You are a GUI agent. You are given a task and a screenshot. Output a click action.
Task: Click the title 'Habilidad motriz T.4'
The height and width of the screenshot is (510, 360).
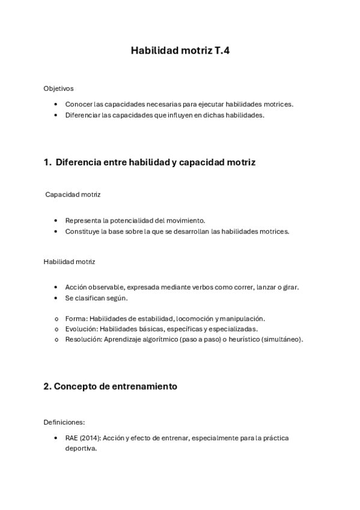coord(180,52)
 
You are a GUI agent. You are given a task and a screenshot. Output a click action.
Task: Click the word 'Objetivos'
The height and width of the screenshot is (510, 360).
coord(58,88)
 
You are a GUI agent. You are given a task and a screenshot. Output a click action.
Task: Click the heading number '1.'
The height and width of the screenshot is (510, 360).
coord(47,162)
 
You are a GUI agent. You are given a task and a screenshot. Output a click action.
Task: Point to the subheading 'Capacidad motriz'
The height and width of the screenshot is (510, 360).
coord(73,195)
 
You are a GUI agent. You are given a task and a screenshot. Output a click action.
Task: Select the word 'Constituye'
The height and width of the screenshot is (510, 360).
coord(83,232)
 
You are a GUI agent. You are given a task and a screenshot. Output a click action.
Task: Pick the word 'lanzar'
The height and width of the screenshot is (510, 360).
coord(267,287)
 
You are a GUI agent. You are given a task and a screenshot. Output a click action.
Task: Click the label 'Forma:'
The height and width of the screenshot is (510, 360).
coord(76,318)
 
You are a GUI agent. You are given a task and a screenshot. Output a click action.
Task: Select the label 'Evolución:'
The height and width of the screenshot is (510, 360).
coord(82,329)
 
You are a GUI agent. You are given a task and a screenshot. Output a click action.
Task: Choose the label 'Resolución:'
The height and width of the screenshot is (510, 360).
coord(84,339)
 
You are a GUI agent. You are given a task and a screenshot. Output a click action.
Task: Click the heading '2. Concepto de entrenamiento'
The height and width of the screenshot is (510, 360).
coord(110,387)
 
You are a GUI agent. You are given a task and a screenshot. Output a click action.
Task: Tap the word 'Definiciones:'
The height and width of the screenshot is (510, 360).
coord(64,422)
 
